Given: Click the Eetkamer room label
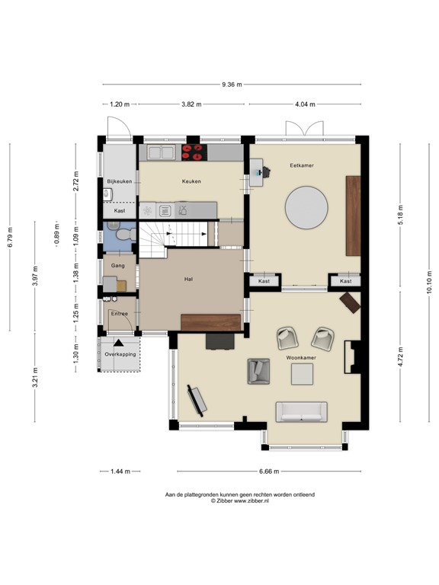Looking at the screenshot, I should click(x=302, y=165).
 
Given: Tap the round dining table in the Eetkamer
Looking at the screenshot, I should click(x=306, y=208).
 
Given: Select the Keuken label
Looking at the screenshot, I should click(x=191, y=181).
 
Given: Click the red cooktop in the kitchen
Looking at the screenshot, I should click(x=193, y=153).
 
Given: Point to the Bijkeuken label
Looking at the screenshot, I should click(x=120, y=181).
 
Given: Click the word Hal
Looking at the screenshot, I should click(x=187, y=280).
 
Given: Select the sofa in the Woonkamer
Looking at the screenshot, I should click(x=301, y=411).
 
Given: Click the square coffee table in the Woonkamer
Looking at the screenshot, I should click(x=303, y=374).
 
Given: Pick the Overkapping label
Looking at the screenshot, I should click(x=120, y=354).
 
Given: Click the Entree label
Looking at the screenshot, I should click(x=120, y=313).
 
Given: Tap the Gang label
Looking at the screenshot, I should click(x=118, y=266).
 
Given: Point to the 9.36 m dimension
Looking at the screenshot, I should click(x=232, y=85).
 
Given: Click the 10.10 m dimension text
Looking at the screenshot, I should click(x=429, y=283).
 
